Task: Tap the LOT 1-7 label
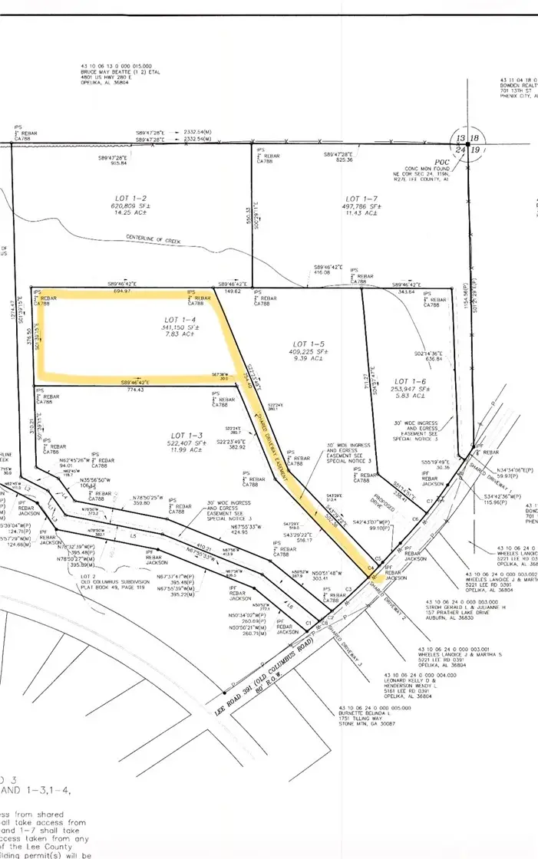(x=362, y=198)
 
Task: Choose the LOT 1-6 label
(x=410, y=380)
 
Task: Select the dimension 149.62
(x=231, y=291)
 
